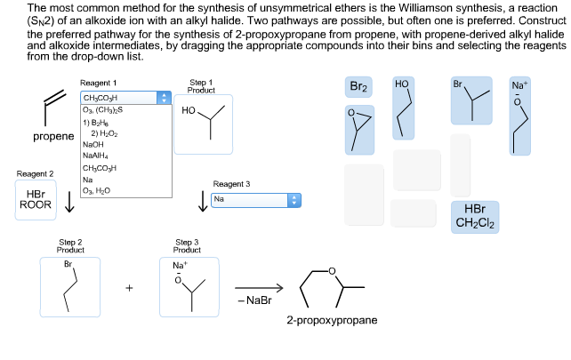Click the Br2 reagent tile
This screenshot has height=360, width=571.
pos(359,87)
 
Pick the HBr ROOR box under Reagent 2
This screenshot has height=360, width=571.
pos(36,199)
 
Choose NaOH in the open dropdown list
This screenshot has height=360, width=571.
pos(92,144)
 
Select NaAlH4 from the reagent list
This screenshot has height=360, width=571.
pos(96,156)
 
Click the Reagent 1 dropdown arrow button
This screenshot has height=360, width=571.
pos(162,98)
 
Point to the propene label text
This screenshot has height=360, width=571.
pos(53,137)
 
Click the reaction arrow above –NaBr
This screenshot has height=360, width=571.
pos(259,287)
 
